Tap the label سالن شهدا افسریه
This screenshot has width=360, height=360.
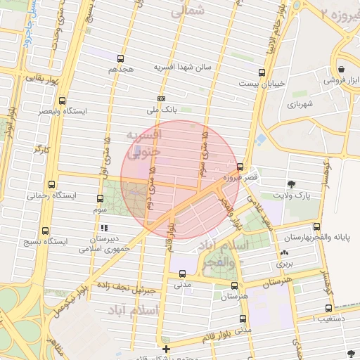tap(179, 67)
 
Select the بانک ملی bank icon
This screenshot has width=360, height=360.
tap(162, 98)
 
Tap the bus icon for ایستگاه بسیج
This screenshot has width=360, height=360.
tap(46, 231)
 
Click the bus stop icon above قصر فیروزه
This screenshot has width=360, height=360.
tap(241, 167)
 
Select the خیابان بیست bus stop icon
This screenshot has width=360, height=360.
tap(262, 72)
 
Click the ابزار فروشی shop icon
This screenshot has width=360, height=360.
tap(341, 70)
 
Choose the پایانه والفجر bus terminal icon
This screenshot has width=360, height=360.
tap(317, 227)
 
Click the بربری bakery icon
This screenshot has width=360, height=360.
tap(284, 252)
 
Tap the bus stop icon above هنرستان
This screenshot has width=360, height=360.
tap(235, 285)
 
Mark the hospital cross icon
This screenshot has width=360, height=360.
tap(166, 349)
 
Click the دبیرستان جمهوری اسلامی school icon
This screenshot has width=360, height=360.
tap(105, 228)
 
